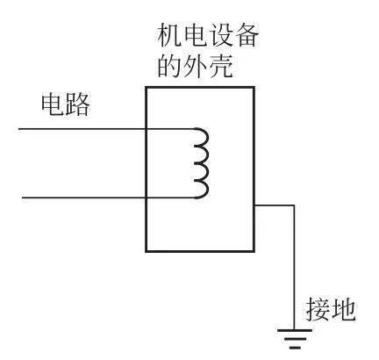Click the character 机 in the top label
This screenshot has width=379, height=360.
[169, 36]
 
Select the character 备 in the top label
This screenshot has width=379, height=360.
[247, 36]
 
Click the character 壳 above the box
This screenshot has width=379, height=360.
[221, 66]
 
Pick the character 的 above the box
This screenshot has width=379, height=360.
[169, 66]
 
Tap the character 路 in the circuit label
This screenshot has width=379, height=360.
[77, 104]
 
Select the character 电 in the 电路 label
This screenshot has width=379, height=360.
[52, 104]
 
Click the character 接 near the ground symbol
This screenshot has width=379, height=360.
[318, 310]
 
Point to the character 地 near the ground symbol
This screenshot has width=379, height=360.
[343, 310]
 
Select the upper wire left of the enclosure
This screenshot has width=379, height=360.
[82, 129]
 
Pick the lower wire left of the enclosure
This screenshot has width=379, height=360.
[83, 198]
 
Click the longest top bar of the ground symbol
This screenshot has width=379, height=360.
[295, 330]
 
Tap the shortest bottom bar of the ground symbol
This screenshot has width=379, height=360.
[295, 348]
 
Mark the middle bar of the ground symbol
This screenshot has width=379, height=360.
[295, 339]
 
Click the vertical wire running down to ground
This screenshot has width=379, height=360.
[294, 268]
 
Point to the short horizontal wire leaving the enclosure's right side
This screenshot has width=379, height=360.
[274, 205]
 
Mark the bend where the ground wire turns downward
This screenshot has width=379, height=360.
[294, 205]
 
